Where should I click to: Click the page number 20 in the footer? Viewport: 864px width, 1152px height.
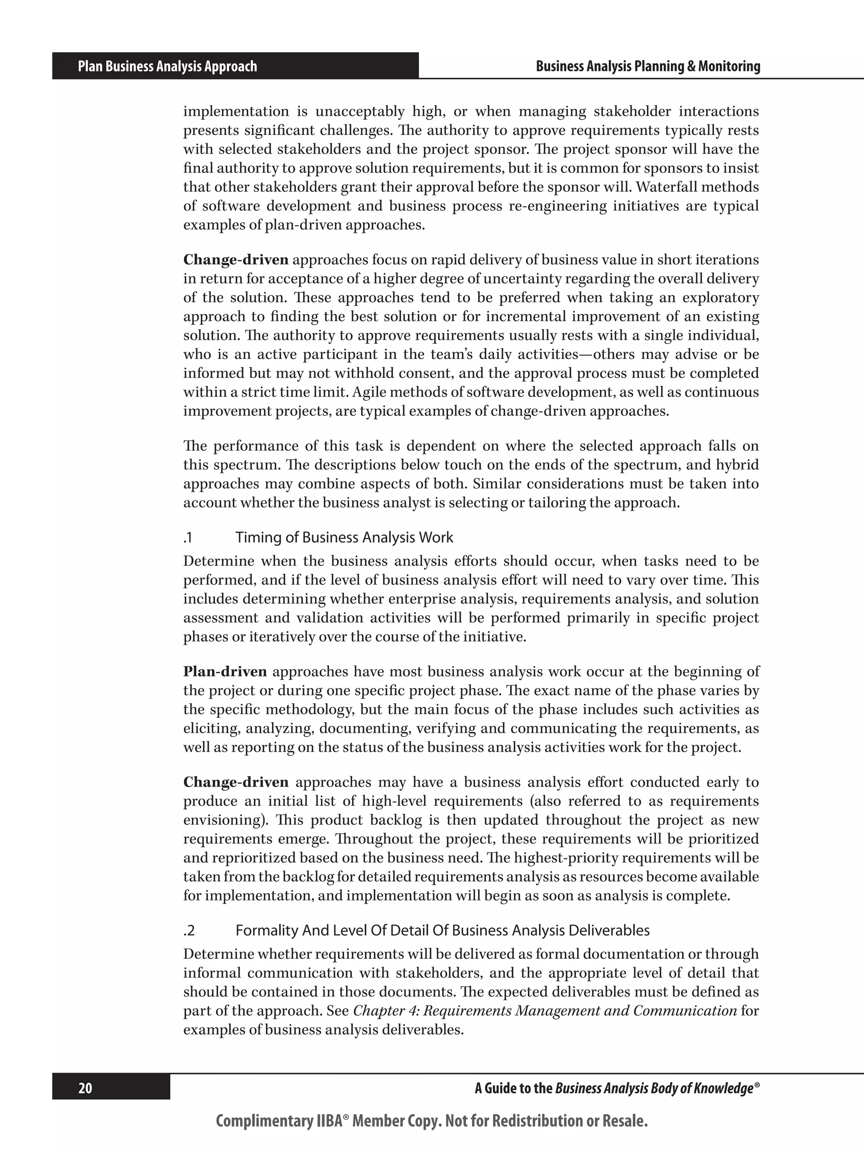coord(85,1088)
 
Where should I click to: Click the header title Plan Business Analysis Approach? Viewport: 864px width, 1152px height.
coord(167,66)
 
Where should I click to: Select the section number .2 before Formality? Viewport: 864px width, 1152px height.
coord(189,930)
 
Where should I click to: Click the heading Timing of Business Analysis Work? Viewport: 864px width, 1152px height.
coord(344,537)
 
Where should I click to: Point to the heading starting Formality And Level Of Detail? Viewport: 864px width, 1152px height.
coord(442,930)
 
